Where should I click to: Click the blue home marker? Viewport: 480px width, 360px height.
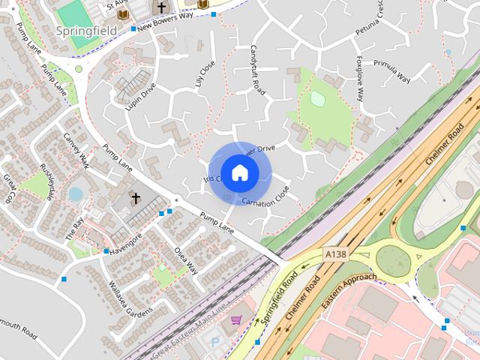pyautogui.click(x=239, y=173)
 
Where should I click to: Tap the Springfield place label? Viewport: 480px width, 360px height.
pyautogui.click(x=85, y=31)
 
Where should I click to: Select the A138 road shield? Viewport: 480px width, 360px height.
pyautogui.click(x=336, y=256)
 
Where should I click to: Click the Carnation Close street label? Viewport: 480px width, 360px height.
pyautogui.click(x=265, y=196)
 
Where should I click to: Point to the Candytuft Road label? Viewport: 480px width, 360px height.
pyautogui.click(x=256, y=68)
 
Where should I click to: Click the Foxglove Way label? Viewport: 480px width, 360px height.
pyautogui.click(x=362, y=78)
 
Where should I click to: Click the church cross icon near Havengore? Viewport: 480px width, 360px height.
pyautogui.click(x=136, y=199)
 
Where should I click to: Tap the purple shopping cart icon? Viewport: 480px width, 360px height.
pyautogui.click(x=236, y=320)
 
